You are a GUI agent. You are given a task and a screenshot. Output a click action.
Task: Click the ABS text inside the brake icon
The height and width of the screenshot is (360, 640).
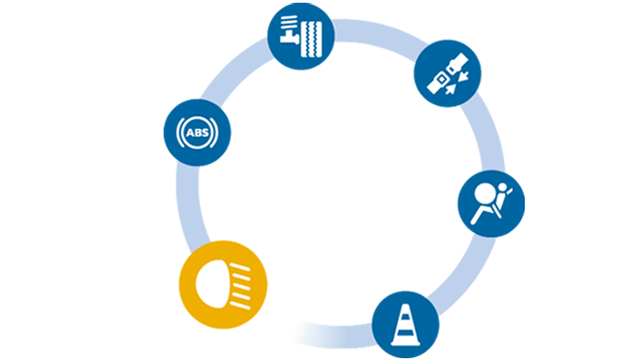(x=197, y=132)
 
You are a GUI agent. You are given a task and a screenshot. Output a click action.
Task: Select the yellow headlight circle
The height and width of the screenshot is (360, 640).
(x=223, y=284)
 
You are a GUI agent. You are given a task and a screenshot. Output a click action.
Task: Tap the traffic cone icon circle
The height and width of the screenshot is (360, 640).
(x=406, y=325)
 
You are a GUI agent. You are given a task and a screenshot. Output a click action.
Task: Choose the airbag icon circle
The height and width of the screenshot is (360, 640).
(x=491, y=204)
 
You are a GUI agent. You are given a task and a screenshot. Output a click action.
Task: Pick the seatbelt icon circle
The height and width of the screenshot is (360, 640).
(x=448, y=73)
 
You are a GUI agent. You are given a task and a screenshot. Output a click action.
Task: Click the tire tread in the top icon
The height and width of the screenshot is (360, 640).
(x=312, y=39)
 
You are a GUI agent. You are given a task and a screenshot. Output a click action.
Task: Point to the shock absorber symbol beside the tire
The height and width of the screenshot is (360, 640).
(x=290, y=29)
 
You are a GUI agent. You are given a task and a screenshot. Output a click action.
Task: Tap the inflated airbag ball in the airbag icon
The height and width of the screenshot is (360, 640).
(x=484, y=194)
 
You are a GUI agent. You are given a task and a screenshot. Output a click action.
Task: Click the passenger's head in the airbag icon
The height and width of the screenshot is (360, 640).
(x=503, y=187)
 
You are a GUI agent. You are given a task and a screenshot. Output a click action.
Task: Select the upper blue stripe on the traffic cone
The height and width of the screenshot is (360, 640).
(x=405, y=317)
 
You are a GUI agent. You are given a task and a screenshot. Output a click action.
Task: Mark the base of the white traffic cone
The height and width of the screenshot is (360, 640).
(x=406, y=343)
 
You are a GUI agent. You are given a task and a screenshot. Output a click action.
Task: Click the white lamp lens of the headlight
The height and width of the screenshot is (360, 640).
(x=212, y=284)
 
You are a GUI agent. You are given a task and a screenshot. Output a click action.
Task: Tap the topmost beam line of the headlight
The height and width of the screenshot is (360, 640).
(x=240, y=267)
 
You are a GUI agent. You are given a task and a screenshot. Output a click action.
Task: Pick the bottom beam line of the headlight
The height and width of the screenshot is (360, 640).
(x=240, y=305)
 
